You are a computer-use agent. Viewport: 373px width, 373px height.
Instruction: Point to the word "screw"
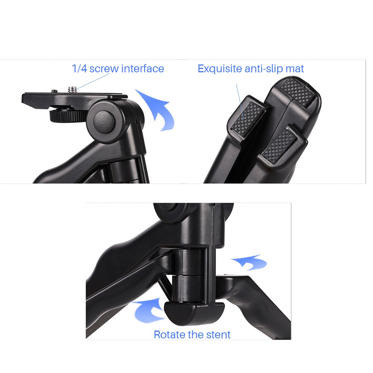pyautogui.click(x=104, y=69)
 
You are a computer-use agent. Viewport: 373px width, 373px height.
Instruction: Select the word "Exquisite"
pyautogui.click(x=219, y=69)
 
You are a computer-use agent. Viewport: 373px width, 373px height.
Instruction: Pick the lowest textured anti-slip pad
pyautogui.click(x=279, y=146)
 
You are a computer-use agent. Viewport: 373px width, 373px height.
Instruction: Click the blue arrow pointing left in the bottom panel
pyautogui.click(x=249, y=262)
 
